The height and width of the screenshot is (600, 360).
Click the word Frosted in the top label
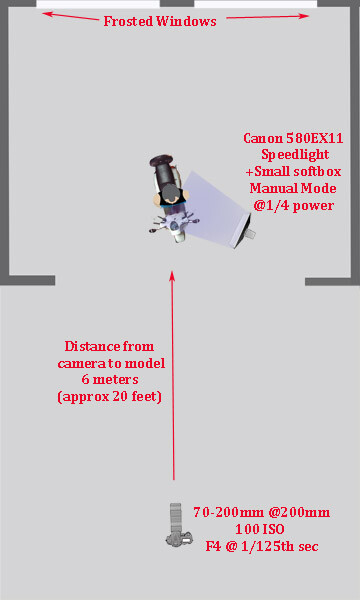click(x=132, y=21)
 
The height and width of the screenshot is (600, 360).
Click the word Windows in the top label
click(x=189, y=21)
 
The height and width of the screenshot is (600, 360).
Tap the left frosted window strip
click(x=98, y=4)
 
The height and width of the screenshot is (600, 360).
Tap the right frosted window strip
click(x=255, y=4)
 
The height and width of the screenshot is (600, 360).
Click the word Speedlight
click(x=294, y=155)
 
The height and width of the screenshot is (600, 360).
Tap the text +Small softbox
click(x=294, y=171)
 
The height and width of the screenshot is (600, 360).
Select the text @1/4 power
click(x=294, y=205)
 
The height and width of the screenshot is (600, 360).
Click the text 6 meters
click(x=110, y=380)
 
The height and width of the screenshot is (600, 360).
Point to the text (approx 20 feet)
click(x=110, y=397)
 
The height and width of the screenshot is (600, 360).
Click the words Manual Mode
click(x=294, y=188)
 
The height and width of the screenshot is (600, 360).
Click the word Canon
click(x=262, y=139)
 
